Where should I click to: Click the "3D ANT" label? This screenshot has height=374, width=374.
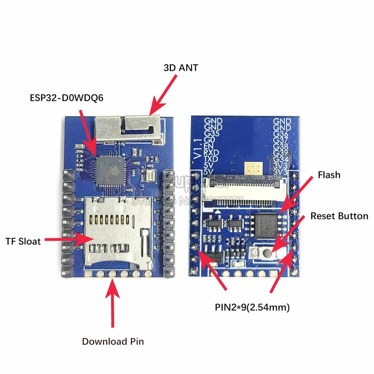181,68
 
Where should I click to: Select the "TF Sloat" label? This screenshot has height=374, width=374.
23,241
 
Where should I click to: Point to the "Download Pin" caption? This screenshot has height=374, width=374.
113,341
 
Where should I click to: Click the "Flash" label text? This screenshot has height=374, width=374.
329,175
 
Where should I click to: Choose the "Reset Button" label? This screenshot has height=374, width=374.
339,216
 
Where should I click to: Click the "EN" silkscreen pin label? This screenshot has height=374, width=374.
209,147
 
